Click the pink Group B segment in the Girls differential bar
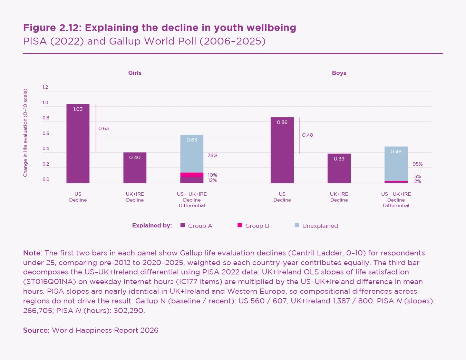click(x=192, y=175)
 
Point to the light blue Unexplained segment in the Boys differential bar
click(x=396, y=164)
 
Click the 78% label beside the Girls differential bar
click(x=212, y=155)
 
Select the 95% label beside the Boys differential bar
click(x=418, y=164)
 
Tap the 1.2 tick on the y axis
click(x=45, y=87)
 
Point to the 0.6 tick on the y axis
click(x=46, y=133)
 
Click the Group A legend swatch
click(x=183, y=225)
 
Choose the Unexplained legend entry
click(x=320, y=226)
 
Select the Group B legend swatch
click(x=240, y=225)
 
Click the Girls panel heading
click(x=135, y=73)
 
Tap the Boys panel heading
click(x=339, y=73)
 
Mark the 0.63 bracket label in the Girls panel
click(x=104, y=128)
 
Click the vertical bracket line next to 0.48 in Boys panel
click(x=300, y=135)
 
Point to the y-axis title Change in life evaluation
click(x=25, y=133)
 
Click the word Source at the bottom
click(x=36, y=330)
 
